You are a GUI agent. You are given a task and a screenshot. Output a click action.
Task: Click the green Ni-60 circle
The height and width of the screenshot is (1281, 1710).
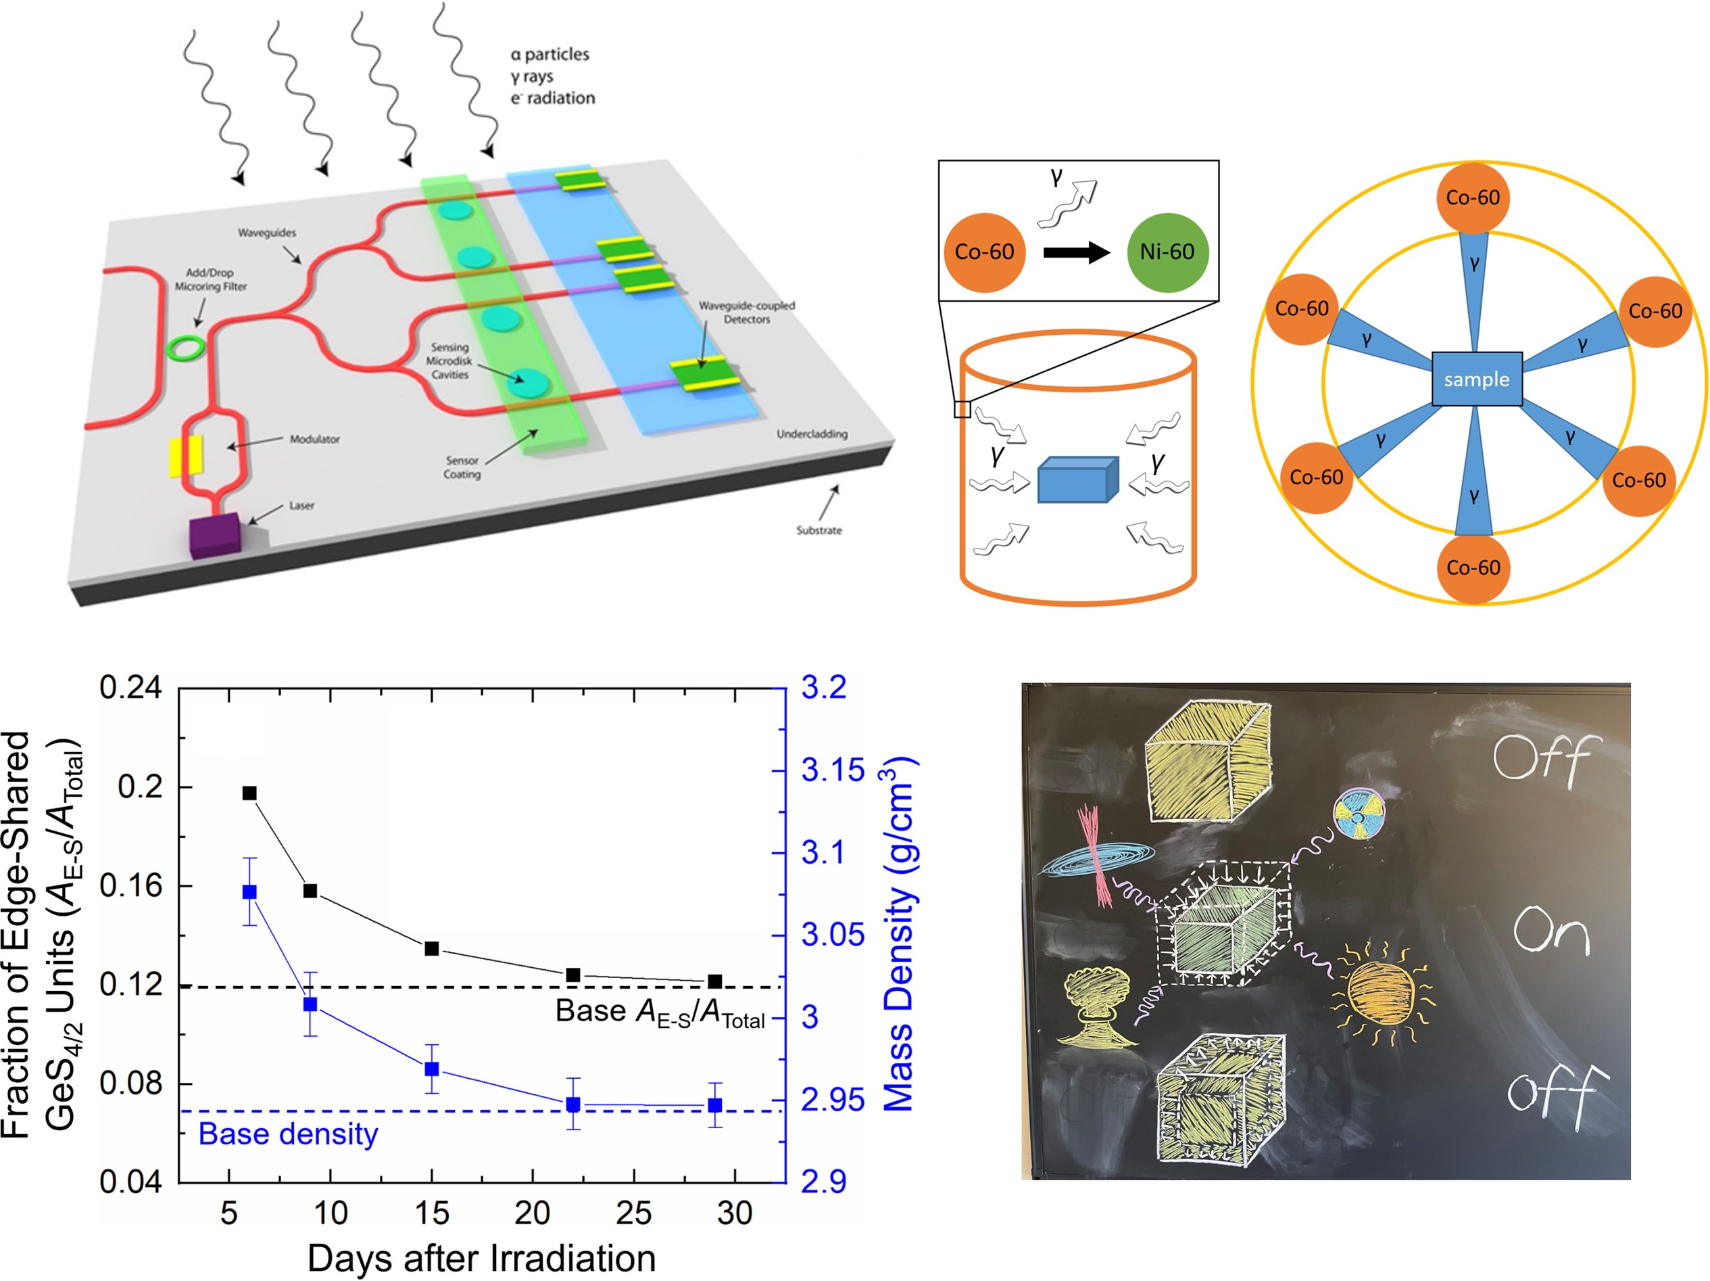click(1167, 252)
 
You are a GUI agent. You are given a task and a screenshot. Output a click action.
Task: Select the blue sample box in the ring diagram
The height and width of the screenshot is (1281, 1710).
click(1477, 379)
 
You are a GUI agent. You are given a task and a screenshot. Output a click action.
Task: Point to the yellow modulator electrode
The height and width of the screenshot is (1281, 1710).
click(187, 456)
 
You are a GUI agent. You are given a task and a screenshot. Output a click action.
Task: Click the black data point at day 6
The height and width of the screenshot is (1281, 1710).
click(249, 793)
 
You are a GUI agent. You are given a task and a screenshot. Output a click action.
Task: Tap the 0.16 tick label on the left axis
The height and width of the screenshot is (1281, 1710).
click(130, 886)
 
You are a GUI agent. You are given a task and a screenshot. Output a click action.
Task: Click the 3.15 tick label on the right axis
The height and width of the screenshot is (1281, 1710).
click(832, 770)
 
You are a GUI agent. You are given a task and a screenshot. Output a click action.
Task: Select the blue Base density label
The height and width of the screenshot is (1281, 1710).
click(289, 1134)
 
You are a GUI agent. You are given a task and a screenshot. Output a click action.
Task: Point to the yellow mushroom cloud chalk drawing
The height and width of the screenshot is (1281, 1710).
click(1096, 1006)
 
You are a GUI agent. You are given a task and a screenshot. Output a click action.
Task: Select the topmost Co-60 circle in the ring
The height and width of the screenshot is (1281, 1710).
click(1473, 198)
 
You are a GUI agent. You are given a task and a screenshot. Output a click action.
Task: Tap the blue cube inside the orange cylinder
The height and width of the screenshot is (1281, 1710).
click(1077, 480)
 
